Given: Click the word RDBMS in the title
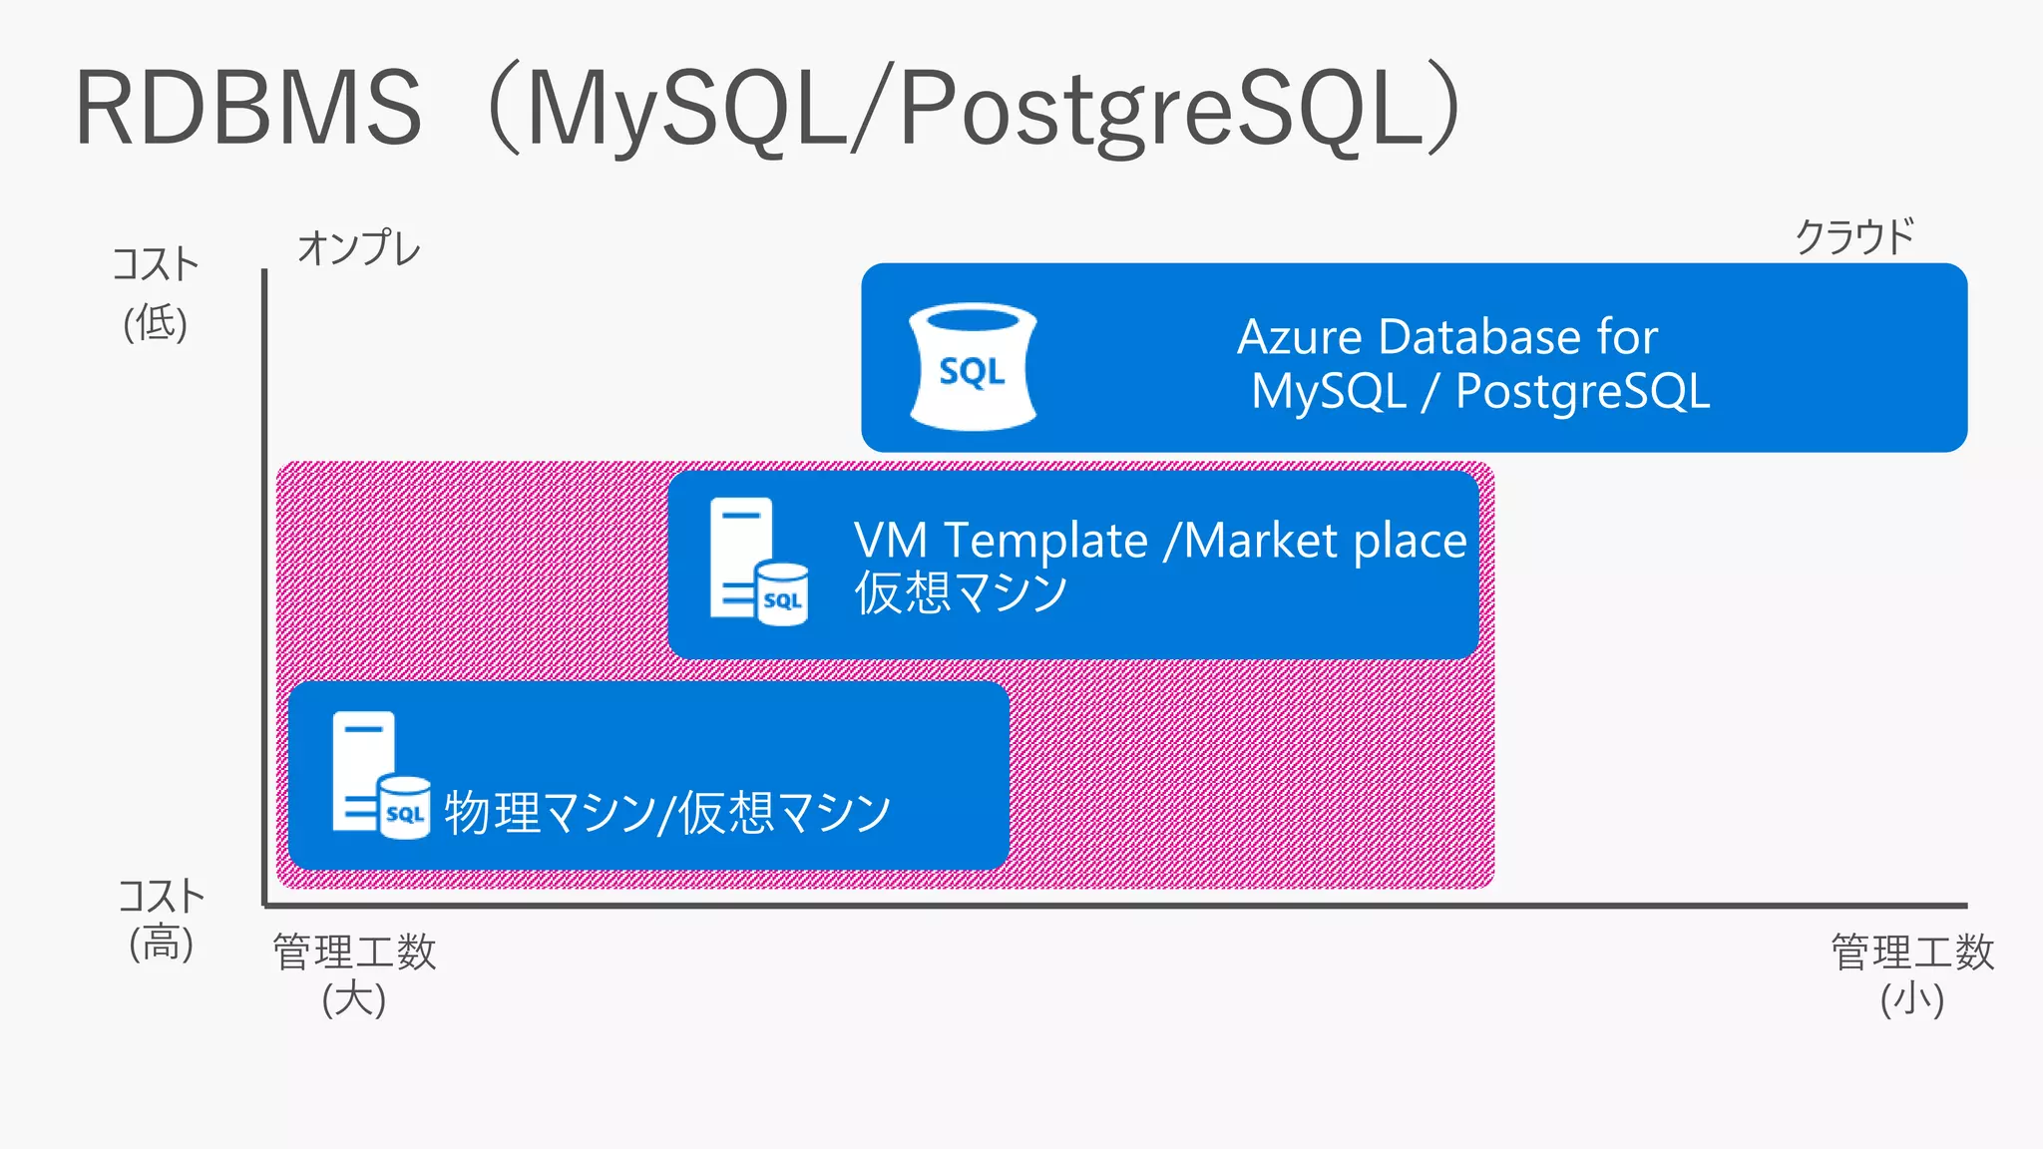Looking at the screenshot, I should click(x=248, y=108).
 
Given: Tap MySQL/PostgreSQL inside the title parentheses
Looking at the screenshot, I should click(x=993, y=108).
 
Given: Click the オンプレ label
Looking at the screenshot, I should click(x=359, y=247).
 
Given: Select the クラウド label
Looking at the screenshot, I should click(x=1854, y=237).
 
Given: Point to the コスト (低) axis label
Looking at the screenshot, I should click(x=156, y=293).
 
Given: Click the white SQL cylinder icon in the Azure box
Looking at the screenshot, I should click(x=973, y=367).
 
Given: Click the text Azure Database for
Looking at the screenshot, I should click(x=1447, y=336).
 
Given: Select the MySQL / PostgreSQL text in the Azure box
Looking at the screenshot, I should click(x=1480, y=391).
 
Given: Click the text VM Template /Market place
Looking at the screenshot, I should click(x=1160, y=541).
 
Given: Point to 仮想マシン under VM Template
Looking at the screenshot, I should click(x=961, y=593).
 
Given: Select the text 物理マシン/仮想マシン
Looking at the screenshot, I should click(x=667, y=812).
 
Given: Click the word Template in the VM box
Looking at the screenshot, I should click(x=1045, y=541).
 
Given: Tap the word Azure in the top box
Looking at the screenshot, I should click(x=1300, y=336).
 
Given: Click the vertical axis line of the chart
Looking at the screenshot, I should click(x=264, y=588).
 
